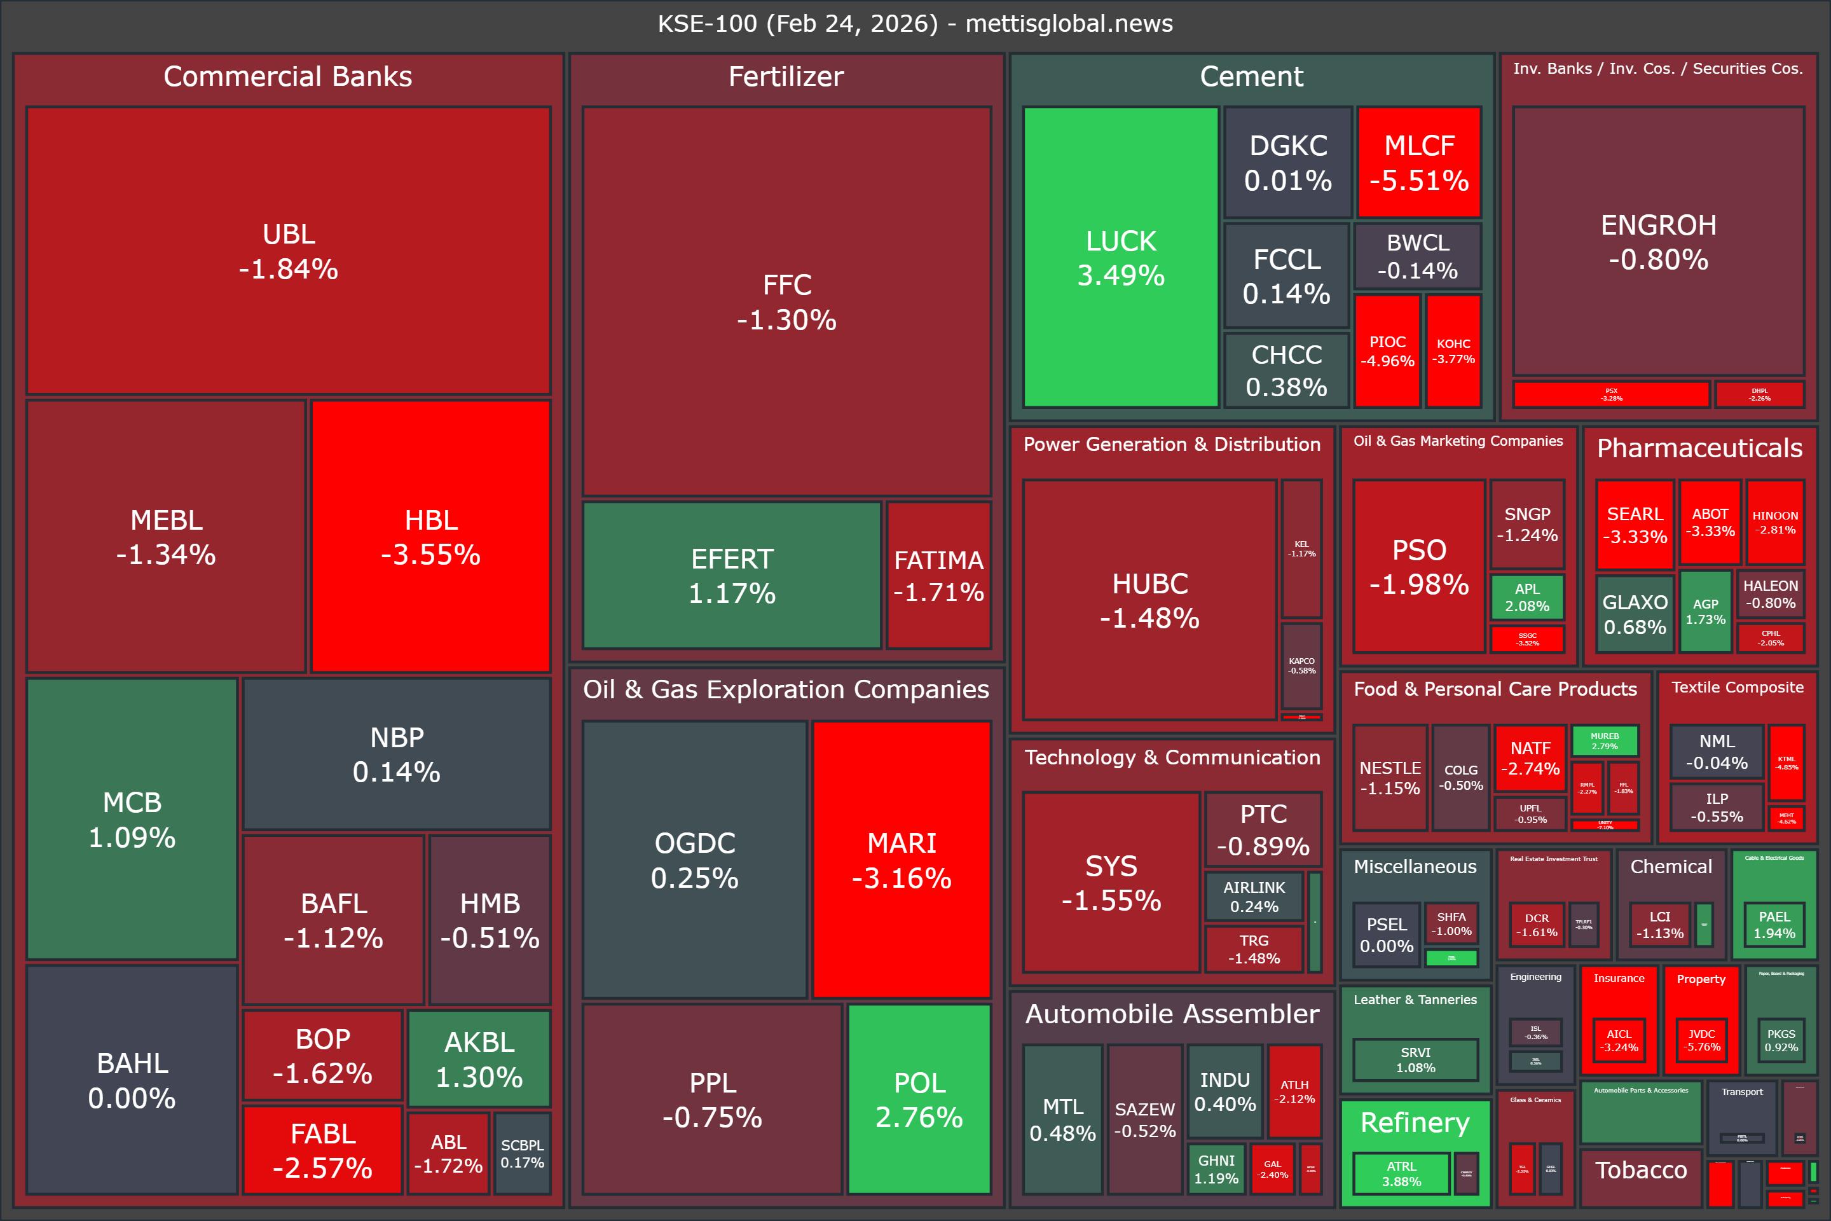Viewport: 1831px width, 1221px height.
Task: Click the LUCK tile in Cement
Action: tap(1120, 257)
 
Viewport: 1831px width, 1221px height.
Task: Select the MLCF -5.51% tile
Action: tap(1418, 162)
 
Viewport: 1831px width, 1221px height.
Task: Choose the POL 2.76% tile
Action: tap(919, 1099)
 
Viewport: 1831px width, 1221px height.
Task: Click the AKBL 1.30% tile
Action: tap(479, 1058)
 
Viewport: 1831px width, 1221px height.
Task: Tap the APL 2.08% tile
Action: tap(1526, 597)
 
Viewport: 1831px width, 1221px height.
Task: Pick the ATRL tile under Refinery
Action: tap(1401, 1173)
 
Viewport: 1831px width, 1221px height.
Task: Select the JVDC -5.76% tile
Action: tap(1701, 1040)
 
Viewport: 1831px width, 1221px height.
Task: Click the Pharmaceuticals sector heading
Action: tap(1699, 448)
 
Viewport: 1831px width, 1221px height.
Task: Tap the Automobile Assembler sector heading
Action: tap(1172, 1013)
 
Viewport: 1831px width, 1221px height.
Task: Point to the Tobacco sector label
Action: tap(1640, 1169)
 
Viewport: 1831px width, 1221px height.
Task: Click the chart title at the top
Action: tap(915, 24)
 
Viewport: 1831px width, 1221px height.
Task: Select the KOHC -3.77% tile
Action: tap(1453, 350)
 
